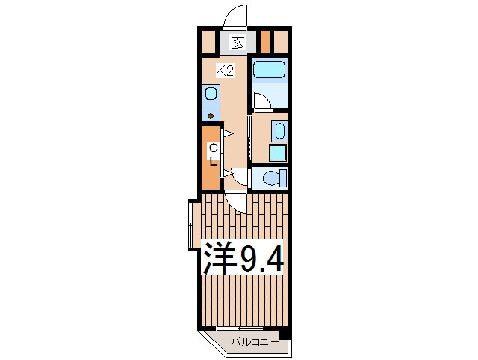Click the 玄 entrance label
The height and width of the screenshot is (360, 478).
238,42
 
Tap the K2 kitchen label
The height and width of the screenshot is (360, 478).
225,71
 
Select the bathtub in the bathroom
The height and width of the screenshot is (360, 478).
270,70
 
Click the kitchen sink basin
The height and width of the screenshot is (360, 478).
211,93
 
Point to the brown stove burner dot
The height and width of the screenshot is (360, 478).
211,116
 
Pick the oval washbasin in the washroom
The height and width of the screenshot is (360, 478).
279,130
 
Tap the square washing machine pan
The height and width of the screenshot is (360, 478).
278,152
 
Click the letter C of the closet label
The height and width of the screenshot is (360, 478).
214,148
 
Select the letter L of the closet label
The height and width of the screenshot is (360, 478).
214,161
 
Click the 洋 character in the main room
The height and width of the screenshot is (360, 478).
220,258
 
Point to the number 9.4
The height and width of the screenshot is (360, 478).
262,259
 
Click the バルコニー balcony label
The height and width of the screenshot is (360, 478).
255,342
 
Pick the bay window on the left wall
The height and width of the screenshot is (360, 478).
191,225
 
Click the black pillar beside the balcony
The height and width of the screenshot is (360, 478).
285,333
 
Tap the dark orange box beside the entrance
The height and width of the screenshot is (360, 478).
265,41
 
